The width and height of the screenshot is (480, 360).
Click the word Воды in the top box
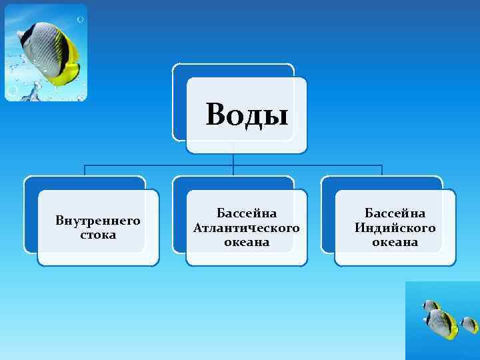tap(247, 114)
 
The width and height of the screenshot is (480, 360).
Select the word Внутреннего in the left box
tap(98, 220)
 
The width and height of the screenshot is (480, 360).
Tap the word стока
tap(98, 235)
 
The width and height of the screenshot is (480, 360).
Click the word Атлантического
tap(246, 228)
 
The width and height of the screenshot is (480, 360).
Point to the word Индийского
tap(395, 228)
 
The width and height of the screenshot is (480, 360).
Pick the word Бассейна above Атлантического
tap(247, 213)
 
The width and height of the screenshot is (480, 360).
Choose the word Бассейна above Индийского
tap(395, 213)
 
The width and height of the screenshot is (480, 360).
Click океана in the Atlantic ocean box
tap(247, 242)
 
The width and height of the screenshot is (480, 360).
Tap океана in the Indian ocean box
tap(395, 242)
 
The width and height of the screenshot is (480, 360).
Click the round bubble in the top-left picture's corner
tap(12, 89)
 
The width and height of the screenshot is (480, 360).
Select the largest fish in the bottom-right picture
tap(443, 323)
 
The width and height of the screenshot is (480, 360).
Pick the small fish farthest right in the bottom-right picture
tap(469, 324)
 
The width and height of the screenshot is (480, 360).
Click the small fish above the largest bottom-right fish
tap(431, 306)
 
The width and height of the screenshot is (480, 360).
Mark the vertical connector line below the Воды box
tap(233, 159)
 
